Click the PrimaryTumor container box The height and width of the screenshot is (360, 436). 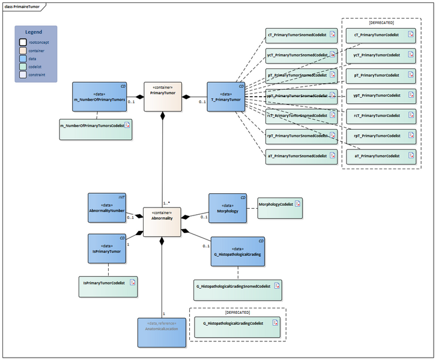tap(163, 97)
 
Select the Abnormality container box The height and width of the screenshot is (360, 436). tap(162, 221)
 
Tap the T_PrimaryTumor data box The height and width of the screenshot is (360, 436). tap(226, 97)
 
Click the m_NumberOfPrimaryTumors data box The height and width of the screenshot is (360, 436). tap(100, 97)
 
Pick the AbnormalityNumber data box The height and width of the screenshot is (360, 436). tap(107, 208)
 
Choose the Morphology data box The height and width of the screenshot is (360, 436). tap(228, 208)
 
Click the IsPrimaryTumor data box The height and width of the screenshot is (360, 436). tap(107, 248)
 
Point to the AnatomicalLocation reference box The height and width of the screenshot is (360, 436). tap(162, 332)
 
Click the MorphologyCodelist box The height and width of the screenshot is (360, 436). tap(280, 208)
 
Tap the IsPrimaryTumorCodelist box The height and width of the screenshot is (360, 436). tap(109, 288)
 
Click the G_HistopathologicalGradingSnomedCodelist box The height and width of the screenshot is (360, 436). tap(238, 289)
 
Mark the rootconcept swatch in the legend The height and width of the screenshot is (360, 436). tap(22, 43)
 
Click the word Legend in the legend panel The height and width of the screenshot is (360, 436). tap(34, 32)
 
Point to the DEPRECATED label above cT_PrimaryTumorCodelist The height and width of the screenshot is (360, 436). tap(381, 22)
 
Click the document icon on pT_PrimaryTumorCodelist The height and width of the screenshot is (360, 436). tap(411, 75)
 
